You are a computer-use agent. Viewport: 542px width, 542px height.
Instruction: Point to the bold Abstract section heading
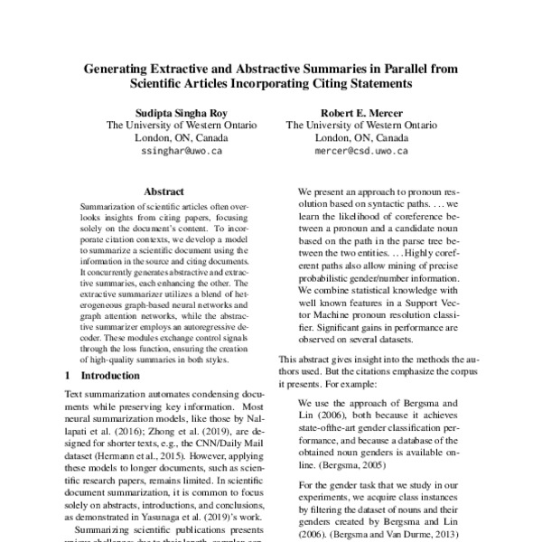(164, 192)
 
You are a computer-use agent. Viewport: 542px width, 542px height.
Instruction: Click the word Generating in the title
(116, 68)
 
